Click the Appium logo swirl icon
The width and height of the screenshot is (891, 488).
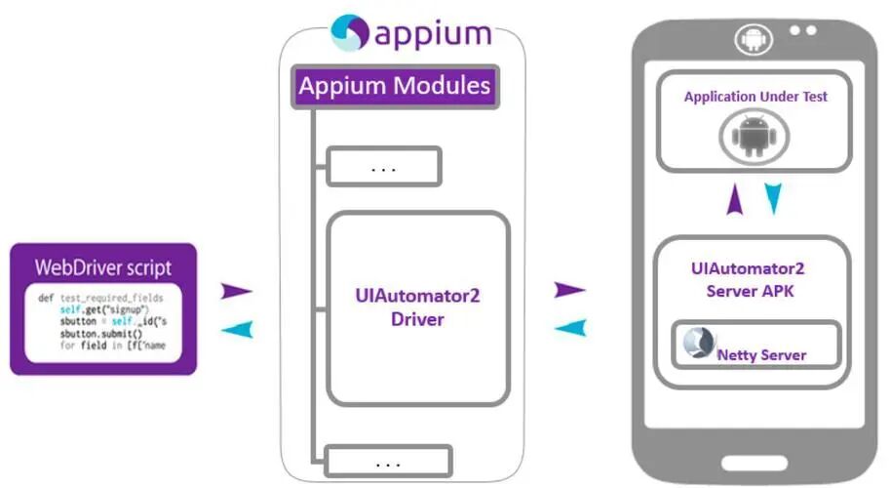click(x=349, y=32)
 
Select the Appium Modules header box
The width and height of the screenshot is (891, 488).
click(x=395, y=86)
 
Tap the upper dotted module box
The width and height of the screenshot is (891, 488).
click(x=384, y=167)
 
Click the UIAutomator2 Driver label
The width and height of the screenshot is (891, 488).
click(x=417, y=306)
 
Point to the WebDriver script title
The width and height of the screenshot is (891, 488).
click(x=103, y=266)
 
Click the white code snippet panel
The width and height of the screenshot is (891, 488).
click(x=103, y=322)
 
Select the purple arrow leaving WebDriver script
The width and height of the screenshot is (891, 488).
click(x=237, y=291)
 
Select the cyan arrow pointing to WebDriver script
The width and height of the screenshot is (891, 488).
click(x=237, y=331)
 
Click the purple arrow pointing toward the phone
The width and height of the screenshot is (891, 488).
click(x=569, y=290)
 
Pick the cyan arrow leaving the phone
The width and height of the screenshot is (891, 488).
click(x=569, y=329)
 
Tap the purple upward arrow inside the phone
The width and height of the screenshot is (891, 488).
click(x=734, y=201)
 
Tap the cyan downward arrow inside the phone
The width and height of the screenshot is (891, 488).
click(x=773, y=199)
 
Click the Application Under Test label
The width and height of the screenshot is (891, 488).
click(x=755, y=97)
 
